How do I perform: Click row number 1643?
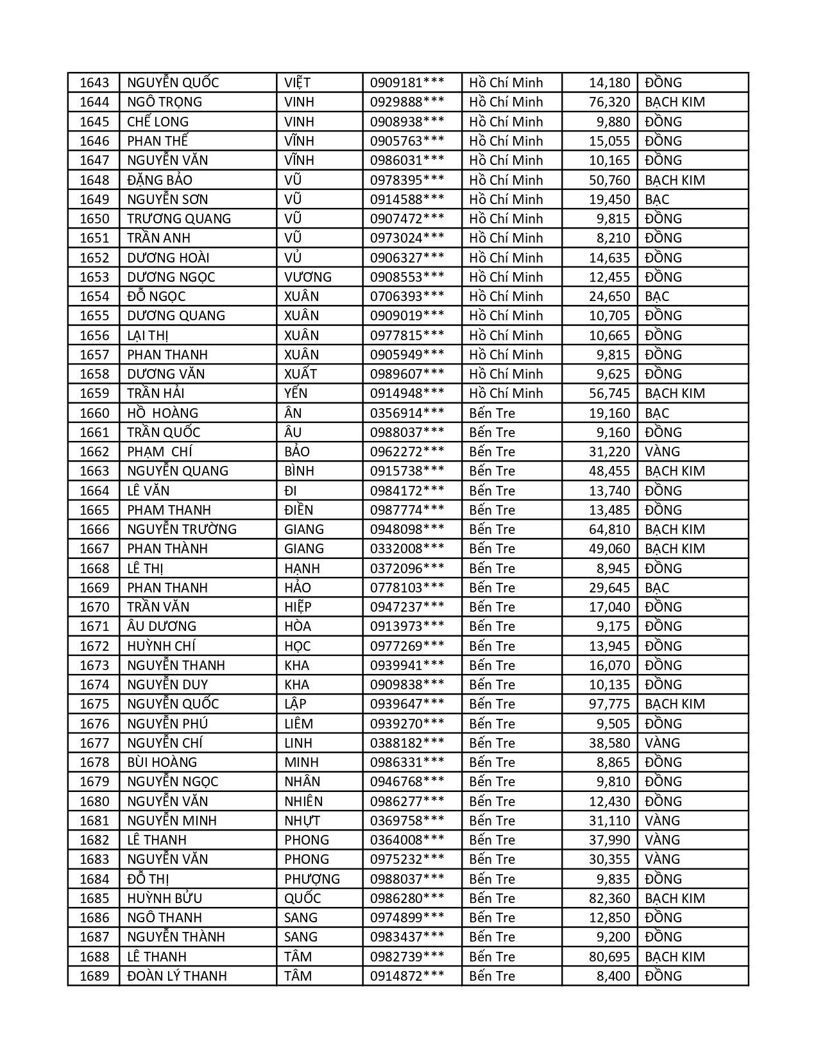click(94, 83)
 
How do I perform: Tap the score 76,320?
click(609, 102)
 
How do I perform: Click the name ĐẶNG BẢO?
click(160, 180)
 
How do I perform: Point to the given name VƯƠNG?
click(308, 277)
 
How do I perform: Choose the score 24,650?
click(609, 297)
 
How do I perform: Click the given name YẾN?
click(296, 393)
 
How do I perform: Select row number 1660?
click(94, 413)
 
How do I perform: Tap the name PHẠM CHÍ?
click(160, 452)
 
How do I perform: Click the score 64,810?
click(609, 529)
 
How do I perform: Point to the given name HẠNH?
click(302, 569)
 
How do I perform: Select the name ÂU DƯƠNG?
click(162, 626)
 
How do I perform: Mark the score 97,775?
click(609, 704)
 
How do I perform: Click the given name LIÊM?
click(298, 724)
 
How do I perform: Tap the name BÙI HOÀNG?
click(162, 762)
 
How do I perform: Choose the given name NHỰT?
click(302, 821)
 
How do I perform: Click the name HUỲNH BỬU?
click(164, 899)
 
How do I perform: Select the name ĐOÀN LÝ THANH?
click(176, 976)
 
